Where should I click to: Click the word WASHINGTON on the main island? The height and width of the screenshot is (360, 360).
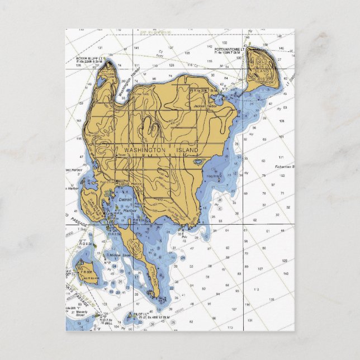click(x=145, y=150)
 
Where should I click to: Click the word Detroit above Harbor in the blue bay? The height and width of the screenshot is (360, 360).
click(x=126, y=199)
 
